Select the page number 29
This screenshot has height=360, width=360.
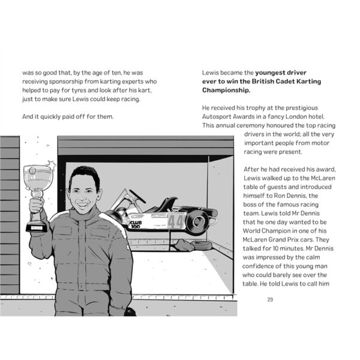271,298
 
